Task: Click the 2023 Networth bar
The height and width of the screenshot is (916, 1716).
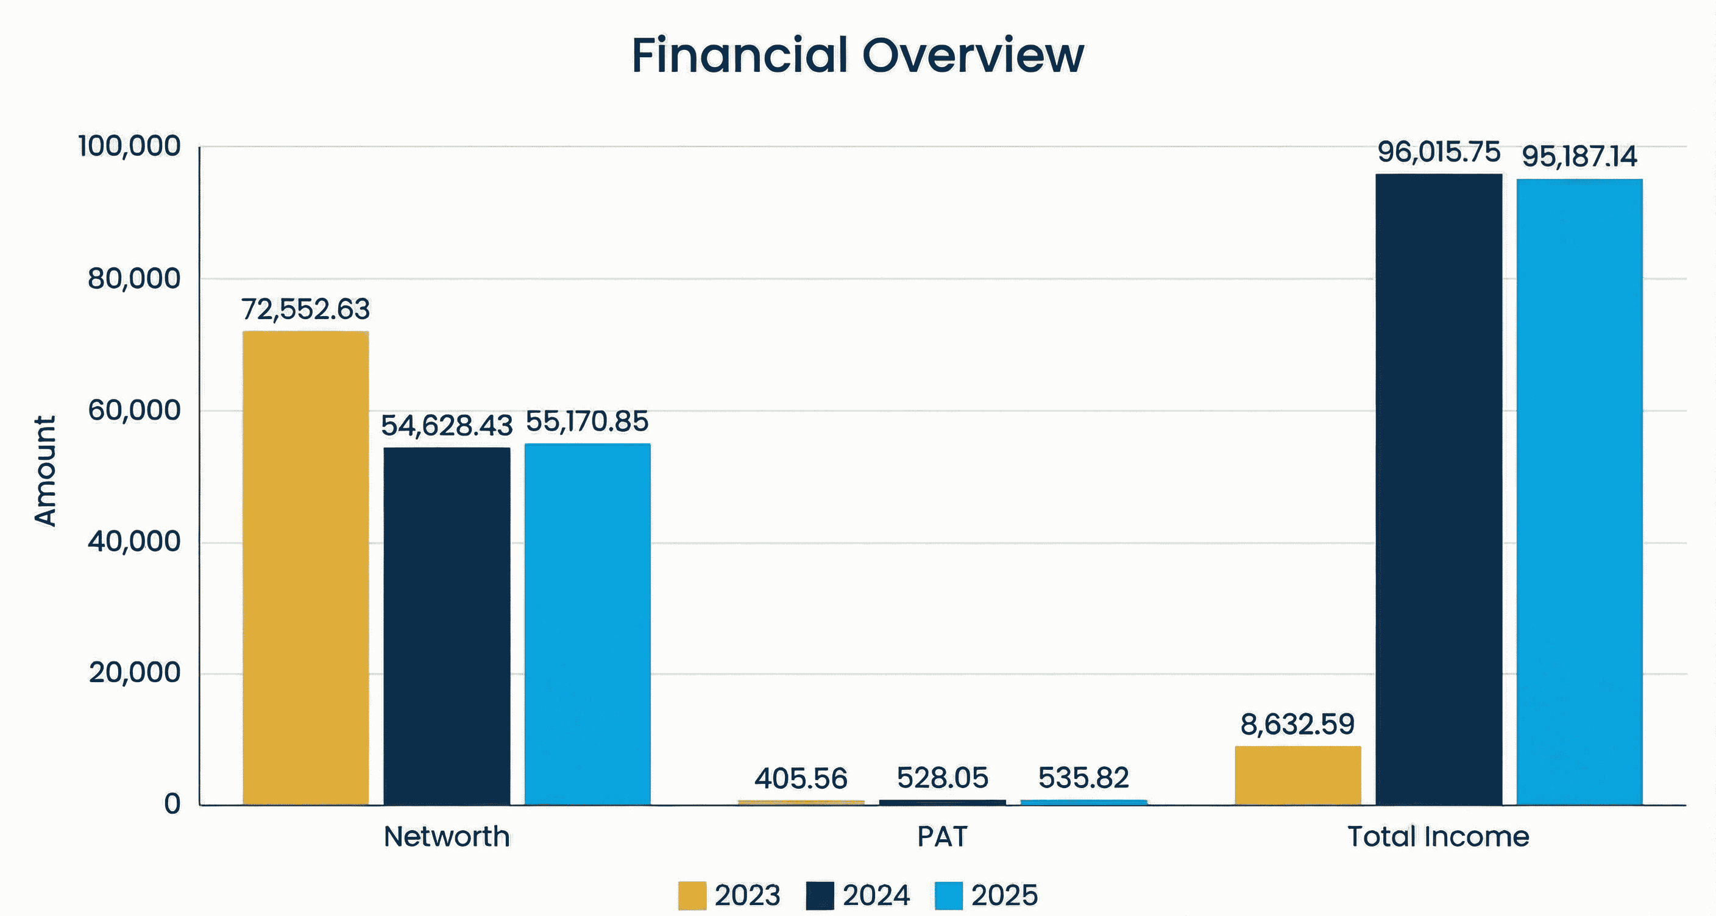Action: coord(305,567)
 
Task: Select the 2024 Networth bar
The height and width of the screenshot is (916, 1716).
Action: coord(446,625)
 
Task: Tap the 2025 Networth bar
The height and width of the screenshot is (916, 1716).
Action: coord(587,624)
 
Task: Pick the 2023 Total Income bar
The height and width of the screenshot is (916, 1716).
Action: coord(1297,775)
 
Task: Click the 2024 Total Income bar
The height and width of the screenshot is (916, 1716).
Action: coord(1438,489)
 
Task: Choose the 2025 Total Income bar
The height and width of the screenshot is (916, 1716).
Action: coord(1579,491)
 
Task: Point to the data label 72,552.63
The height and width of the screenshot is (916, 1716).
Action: coord(305,309)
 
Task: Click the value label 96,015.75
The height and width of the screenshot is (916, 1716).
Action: coord(1438,152)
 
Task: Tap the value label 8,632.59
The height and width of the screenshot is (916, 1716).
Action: coord(1297,724)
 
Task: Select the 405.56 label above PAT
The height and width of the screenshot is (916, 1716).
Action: coord(800,778)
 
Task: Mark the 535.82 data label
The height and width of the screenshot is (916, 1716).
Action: coord(1083,778)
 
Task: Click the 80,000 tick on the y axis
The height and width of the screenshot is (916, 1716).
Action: coord(134,278)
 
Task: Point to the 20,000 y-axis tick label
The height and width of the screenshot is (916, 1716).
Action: coord(134,672)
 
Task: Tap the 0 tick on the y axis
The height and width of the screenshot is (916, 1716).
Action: coord(172,804)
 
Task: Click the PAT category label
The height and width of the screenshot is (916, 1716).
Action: coord(941,836)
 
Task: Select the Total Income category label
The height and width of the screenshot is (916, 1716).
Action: coord(1438,836)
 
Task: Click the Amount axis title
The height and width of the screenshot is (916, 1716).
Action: coord(45,471)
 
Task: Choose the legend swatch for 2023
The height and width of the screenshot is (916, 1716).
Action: coord(692,895)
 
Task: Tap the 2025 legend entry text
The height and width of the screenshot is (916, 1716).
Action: coord(1004,895)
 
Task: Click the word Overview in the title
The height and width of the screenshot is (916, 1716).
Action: coord(973,55)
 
